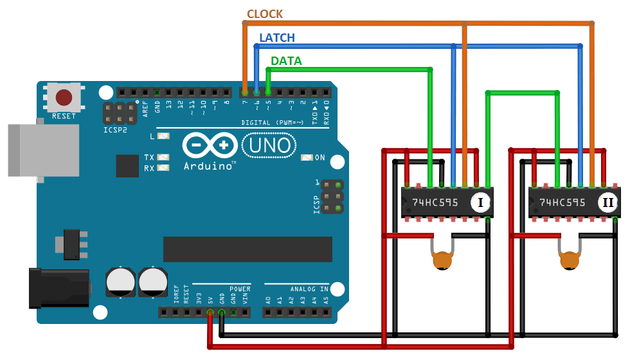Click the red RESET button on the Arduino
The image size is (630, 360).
tap(64, 98)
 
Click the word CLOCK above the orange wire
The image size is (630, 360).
tap(265, 14)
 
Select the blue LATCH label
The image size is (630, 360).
tap(276, 38)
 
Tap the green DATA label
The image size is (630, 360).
tap(286, 61)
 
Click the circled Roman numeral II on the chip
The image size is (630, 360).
tap(607, 203)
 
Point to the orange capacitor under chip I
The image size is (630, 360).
tap(441, 260)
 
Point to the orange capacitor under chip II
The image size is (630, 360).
tap(569, 260)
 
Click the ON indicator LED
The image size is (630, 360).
tap(306, 157)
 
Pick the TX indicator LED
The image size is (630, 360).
tap(164, 157)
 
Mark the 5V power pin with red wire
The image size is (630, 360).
tap(210, 313)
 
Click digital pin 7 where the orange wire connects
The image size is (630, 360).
tap(245, 93)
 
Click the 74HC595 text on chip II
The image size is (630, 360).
tap(562, 203)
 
